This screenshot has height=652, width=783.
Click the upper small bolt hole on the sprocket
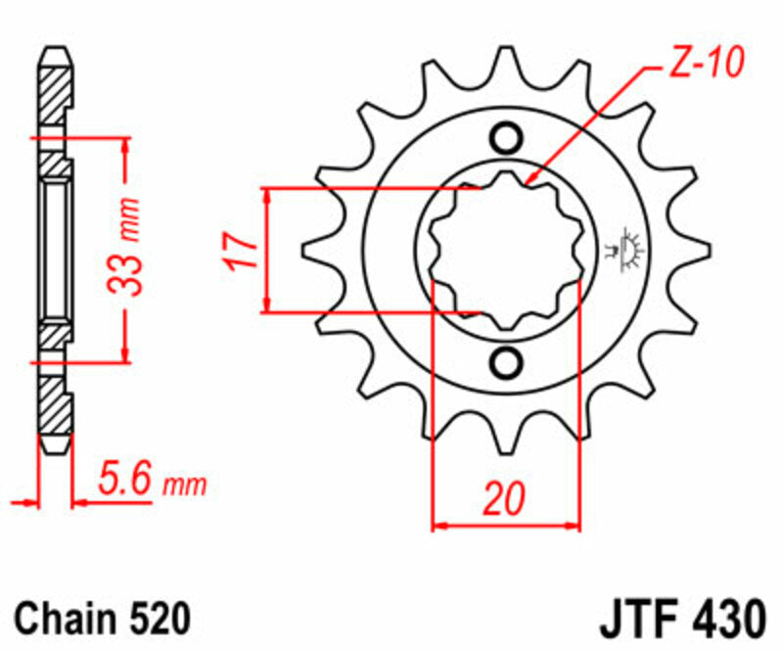(x=506, y=136)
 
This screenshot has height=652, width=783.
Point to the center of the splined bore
(x=506, y=251)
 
